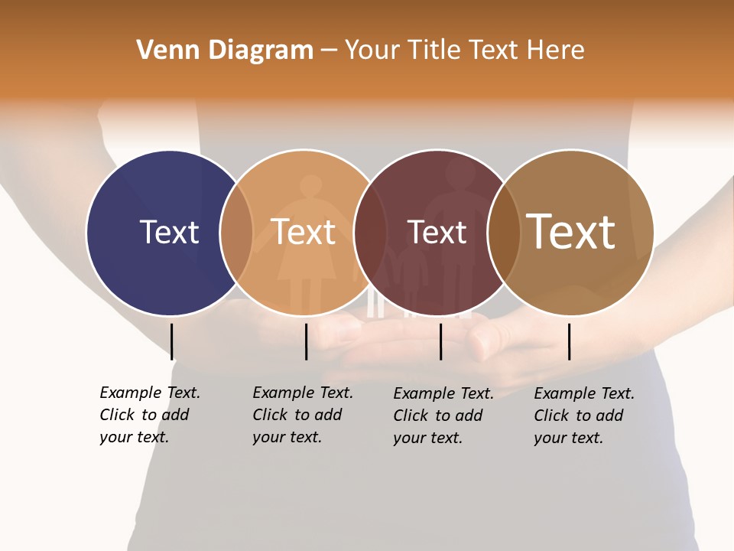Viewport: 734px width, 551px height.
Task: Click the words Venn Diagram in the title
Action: coord(225,51)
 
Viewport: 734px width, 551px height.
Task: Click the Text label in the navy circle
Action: coord(169,232)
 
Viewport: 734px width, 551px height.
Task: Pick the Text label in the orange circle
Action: coord(304,232)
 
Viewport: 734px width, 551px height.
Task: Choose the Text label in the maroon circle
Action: coord(437,232)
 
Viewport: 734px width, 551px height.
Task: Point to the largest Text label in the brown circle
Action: coord(571,232)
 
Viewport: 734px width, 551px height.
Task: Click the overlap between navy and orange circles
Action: coord(236,232)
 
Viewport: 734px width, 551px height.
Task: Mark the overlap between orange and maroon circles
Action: coord(369,232)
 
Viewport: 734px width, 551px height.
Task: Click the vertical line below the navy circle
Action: coord(172,341)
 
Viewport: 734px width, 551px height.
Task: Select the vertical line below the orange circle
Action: coord(306,341)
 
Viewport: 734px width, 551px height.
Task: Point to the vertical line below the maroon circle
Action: coord(441,341)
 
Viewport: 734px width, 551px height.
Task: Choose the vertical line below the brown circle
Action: coord(570,341)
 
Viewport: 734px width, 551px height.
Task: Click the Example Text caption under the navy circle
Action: coord(149,415)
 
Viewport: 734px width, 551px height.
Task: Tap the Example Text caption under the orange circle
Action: coord(302,415)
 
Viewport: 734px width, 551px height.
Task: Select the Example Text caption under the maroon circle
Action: coord(443,416)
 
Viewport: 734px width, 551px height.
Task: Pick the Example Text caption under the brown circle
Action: coord(583,416)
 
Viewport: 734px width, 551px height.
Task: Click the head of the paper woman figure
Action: coord(310,187)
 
